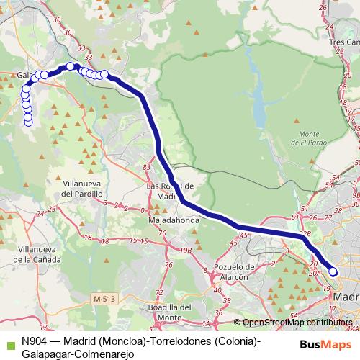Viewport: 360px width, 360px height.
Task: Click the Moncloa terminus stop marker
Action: coord(333,271)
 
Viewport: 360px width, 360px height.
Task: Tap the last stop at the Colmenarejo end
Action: coord(29,122)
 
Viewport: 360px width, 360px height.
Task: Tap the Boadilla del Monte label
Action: coord(168,312)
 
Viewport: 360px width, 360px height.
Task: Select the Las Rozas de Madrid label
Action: coord(171,190)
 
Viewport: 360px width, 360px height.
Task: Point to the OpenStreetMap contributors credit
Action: coord(297,323)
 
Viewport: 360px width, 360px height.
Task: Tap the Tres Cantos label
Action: coord(345,42)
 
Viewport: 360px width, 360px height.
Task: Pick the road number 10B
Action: coord(186,250)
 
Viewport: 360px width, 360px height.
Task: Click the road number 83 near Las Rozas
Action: coord(147,168)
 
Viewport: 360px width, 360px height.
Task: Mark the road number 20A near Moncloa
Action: coord(313,273)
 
